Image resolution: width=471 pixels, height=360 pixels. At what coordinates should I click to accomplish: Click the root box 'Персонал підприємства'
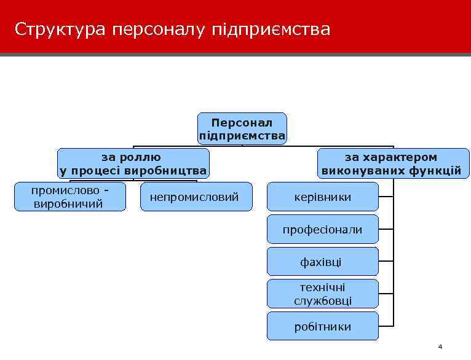click(242, 128)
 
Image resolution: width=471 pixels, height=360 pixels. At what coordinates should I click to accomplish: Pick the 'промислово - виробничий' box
click(69, 197)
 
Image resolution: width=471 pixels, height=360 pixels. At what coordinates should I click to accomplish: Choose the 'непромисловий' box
click(196, 197)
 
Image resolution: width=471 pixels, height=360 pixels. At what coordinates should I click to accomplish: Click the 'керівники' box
click(323, 197)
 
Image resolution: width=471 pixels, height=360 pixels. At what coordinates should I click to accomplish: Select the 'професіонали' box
click(323, 230)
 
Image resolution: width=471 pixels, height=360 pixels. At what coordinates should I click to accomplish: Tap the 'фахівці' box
click(323, 262)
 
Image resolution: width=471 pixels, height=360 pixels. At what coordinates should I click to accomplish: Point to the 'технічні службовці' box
click(323, 294)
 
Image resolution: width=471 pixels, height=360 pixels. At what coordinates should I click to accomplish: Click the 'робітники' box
click(323, 327)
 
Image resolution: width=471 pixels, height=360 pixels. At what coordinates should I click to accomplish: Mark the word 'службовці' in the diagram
click(323, 301)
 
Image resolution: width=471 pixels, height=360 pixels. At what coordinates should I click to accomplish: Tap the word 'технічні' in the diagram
click(323, 288)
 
